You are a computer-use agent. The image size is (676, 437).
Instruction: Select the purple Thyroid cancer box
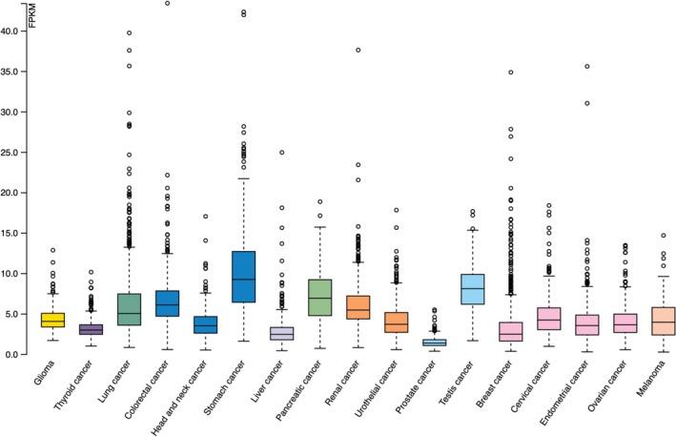tap(91, 329)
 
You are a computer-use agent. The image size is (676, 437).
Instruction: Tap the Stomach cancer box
tap(244, 277)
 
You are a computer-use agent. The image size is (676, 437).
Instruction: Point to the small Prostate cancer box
tap(435, 342)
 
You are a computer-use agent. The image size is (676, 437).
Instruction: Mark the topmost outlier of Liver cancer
tap(283, 153)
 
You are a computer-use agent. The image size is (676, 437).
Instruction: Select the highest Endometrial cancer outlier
tap(550, 67)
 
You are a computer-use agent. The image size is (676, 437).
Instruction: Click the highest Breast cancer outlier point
tap(512, 73)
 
